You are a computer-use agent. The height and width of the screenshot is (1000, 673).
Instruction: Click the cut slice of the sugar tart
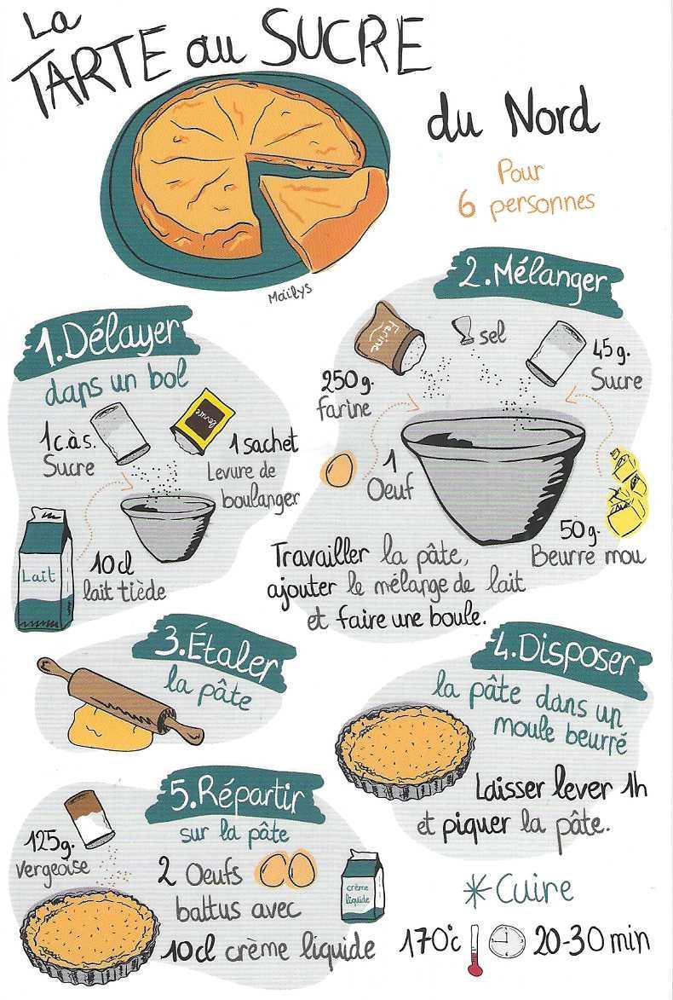pos(325,203)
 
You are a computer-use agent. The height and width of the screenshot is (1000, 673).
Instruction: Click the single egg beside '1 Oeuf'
pos(339,470)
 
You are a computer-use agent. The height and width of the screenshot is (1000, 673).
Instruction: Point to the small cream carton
pos(363,886)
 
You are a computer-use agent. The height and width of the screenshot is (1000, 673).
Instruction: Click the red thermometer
pos(474,950)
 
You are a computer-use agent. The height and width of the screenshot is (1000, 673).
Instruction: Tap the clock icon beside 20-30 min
pos(507,942)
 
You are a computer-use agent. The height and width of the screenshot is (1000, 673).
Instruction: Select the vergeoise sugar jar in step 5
pos(89,818)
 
